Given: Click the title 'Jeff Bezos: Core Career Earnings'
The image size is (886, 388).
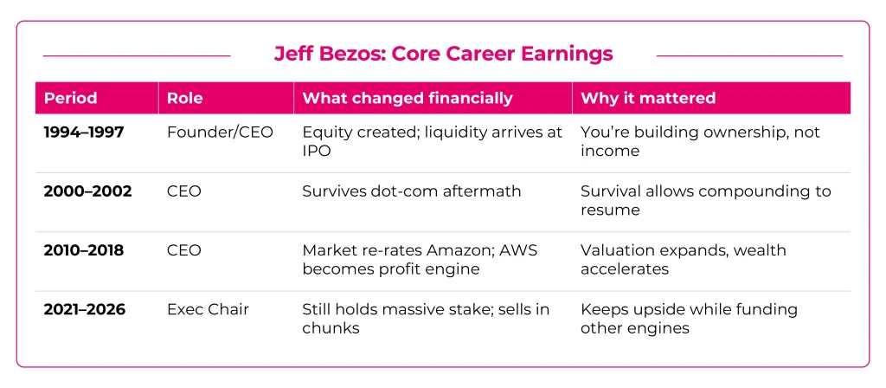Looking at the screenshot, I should [x=443, y=54].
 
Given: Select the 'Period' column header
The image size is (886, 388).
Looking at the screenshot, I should [x=70, y=98].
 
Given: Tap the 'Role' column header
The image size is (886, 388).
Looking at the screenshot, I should [x=184, y=98].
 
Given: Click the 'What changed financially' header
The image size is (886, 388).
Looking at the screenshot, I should [x=407, y=98].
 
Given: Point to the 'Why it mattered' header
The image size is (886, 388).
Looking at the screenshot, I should [x=647, y=98].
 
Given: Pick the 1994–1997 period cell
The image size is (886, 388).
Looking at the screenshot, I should [x=84, y=133].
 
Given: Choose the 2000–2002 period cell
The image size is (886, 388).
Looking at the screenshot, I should [x=87, y=191].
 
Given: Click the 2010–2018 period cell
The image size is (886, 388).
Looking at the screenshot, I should [x=84, y=250].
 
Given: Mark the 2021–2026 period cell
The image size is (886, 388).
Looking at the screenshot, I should [x=85, y=309].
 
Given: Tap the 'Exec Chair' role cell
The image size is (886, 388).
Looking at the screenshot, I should [x=208, y=309].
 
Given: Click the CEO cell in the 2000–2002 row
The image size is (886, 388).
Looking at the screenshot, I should [x=183, y=191].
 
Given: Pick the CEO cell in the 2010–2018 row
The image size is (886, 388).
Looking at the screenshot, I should [x=183, y=250].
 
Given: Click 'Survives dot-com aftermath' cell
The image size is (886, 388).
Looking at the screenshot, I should [x=411, y=191].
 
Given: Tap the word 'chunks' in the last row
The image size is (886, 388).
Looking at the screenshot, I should [x=331, y=328].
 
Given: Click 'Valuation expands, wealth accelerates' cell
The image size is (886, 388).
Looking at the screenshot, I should [x=683, y=259].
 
